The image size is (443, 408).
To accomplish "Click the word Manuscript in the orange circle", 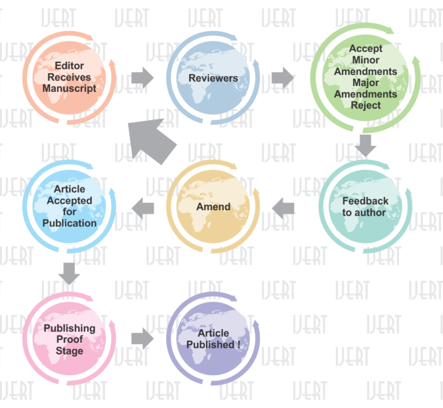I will coord(69,88).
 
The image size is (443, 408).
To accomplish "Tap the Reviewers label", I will coord(213,78).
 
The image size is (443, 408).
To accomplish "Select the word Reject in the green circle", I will coord(366,105).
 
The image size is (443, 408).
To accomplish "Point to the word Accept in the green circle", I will coord(366,48).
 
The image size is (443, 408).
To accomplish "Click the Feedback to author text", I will coord(365,207).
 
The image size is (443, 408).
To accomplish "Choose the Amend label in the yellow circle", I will coord(213,207).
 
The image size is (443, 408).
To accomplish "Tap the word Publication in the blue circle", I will coord(69,223).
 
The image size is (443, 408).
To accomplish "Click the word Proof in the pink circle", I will coord(69,339).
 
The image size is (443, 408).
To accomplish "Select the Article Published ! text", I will coord(213,339).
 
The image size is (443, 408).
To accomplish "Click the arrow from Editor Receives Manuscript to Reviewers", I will coord(142,77).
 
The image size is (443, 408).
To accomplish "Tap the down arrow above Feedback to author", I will coord(366,144).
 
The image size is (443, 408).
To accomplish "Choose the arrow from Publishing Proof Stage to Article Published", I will coord(142,339).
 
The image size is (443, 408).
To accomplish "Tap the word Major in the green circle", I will coord(366,83).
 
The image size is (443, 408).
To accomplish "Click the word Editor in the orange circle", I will coord(69,66).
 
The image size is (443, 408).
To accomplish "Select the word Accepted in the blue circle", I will coord(69,201).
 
